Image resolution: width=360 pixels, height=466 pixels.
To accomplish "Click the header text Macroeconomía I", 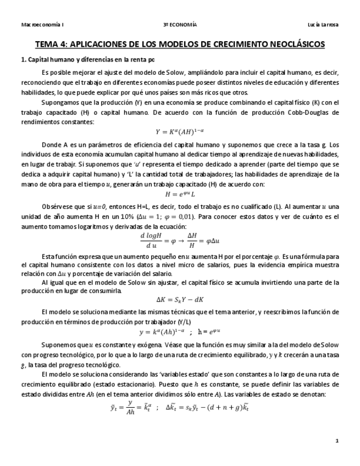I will point(42,25).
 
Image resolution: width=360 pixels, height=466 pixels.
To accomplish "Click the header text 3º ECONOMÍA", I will point(180,25).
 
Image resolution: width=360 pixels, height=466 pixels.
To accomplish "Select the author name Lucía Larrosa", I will point(324,25).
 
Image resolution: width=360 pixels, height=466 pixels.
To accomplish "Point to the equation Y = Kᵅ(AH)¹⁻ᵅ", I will point(180,131).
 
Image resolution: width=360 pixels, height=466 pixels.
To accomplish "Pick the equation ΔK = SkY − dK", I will point(180,299).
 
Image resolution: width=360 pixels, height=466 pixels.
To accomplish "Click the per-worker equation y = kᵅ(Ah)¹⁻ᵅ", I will point(180,332).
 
